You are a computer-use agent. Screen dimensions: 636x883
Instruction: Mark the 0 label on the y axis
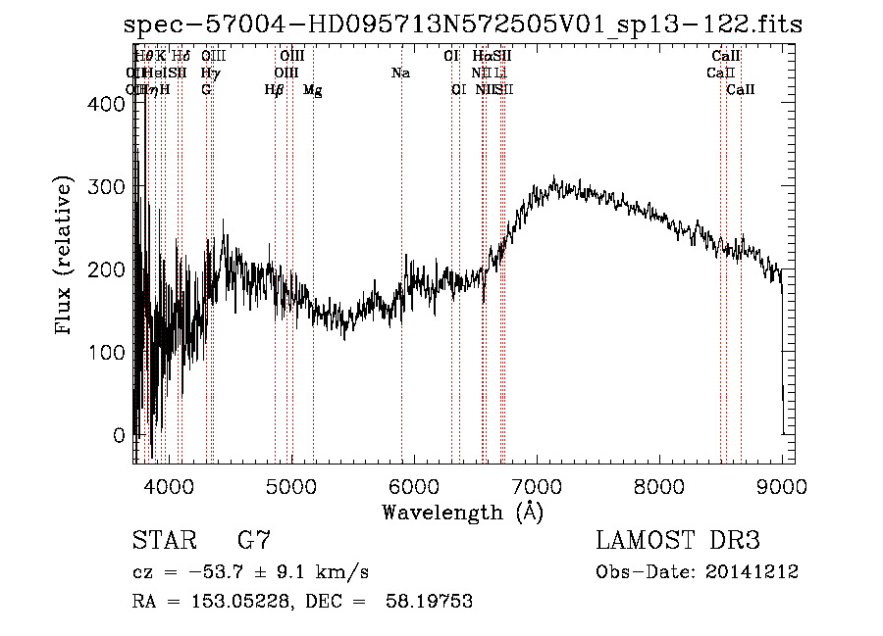pos(120,434)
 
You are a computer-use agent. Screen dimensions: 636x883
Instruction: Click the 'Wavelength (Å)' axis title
pos(462,512)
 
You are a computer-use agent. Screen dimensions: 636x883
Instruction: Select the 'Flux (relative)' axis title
pos(65,257)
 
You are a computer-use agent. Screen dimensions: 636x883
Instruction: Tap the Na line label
pos(400,73)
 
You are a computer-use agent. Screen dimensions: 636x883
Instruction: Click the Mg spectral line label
pos(313,90)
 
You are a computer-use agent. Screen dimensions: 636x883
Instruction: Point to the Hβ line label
pos(275,90)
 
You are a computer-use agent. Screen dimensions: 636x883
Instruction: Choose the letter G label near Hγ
pos(206,90)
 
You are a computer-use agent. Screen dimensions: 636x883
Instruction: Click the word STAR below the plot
pos(164,541)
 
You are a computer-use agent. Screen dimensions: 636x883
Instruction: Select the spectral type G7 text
pos(254,541)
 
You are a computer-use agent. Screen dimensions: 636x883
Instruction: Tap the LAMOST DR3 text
pos(678,541)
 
